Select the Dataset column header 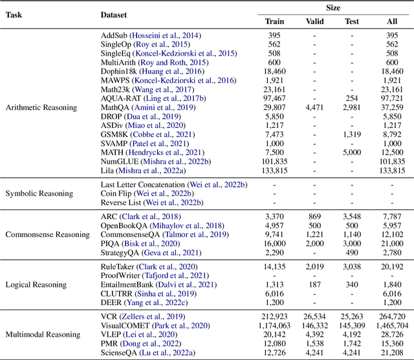pos(114,14)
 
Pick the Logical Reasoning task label pos(34,284)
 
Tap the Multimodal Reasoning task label pos(42,334)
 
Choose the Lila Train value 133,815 pos(274,170)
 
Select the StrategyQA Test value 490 pos(352,251)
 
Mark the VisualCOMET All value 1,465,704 pos(392,326)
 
